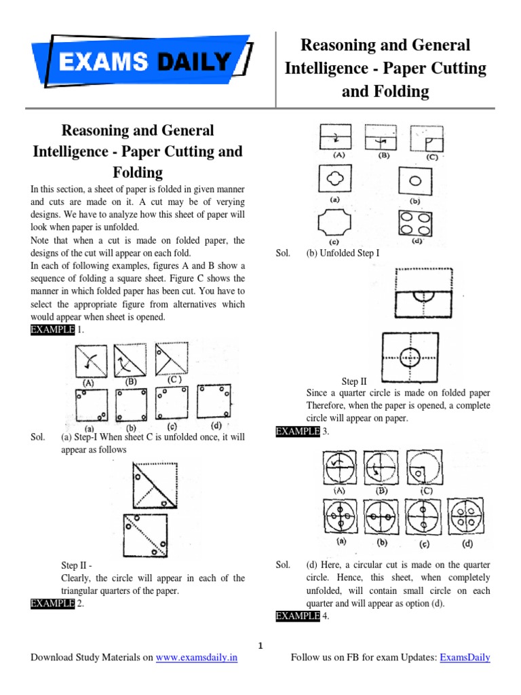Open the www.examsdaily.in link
[197, 658]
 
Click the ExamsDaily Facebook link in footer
[465, 658]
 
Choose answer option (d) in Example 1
[214, 402]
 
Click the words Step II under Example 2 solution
[353, 381]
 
